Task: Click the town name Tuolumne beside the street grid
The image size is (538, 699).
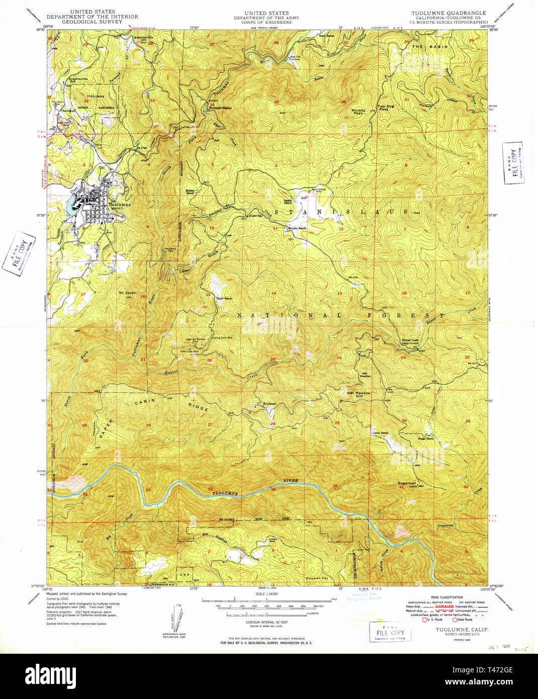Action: (x=120, y=205)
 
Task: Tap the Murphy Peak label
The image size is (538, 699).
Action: (x=358, y=112)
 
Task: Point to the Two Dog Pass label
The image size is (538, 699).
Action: (x=386, y=108)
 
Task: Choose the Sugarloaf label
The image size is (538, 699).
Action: (x=408, y=482)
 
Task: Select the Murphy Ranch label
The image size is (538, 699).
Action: (x=297, y=228)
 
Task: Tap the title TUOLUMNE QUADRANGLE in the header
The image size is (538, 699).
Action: (x=449, y=13)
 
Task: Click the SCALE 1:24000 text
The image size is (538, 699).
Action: (x=266, y=594)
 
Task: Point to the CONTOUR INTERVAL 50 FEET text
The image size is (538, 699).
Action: (x=266, y=622)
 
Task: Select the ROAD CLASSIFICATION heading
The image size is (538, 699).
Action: (x=443, y=597)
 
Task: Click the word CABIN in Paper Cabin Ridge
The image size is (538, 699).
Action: (x=143, y=403)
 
